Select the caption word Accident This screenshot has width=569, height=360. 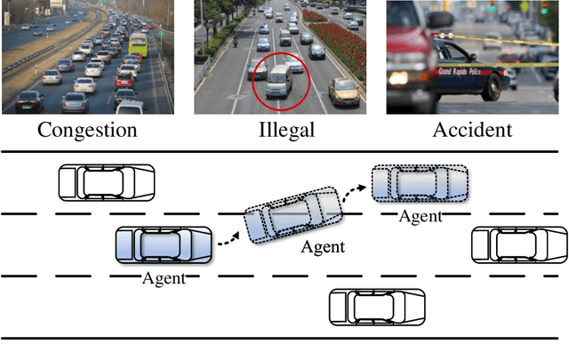[x=472, y=130]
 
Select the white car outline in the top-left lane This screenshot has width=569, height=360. [x=106, y=181]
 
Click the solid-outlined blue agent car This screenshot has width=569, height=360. [x=164, y=245]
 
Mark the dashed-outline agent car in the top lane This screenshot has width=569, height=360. [x=420, y=183]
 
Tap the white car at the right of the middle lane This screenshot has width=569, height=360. [x=518, y=244]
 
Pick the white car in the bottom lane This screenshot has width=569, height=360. [x=378, y=306]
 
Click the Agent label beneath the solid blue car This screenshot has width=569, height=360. [x=164, y=278]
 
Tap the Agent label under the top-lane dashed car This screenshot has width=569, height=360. [x=420, y=215]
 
